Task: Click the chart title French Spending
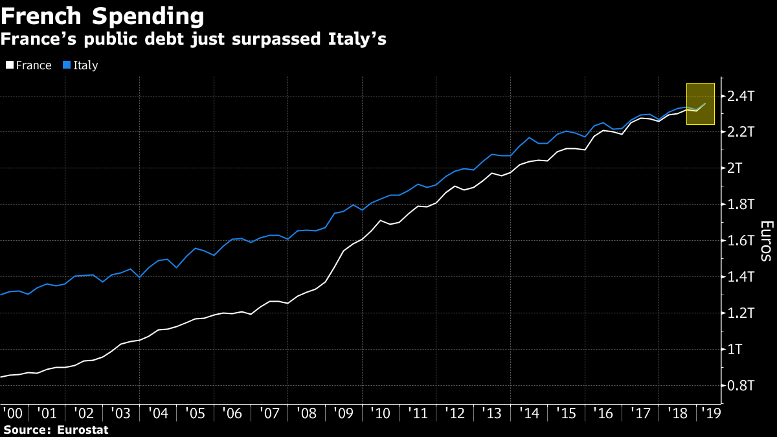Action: point(102,15)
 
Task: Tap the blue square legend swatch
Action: point(66,65)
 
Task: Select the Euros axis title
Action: point(765,241)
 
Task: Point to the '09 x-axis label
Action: point(344,413)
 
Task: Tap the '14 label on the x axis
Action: point(528,413)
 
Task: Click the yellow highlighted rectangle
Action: point(700,104)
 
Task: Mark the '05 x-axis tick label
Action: point(196,413)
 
